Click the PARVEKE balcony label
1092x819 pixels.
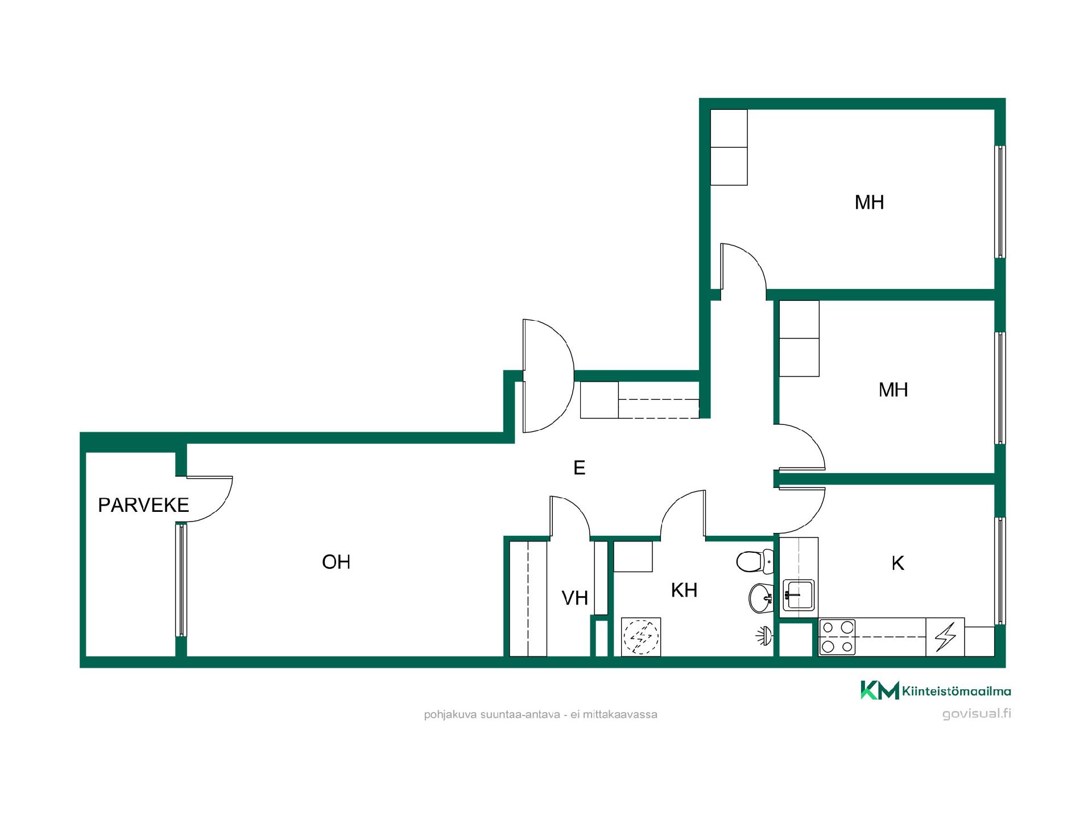[143, 505]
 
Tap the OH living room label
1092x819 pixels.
[336, 562]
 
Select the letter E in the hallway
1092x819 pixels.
[580, 468]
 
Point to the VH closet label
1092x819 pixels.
[574, 598]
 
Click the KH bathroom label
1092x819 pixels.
[684, 590]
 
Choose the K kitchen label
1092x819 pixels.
[897, 563]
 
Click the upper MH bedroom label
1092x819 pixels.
[869, 202]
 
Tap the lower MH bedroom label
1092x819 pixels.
[893, 390]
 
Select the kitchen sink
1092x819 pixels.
[799, 595]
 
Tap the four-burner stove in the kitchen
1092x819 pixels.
[837, 637]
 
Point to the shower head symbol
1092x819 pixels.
[764, 635]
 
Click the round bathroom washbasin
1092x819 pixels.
[761, 598]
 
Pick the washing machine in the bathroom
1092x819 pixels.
[641, 637]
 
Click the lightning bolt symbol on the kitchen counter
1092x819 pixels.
[945, 637]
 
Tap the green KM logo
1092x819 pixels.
[879, 690]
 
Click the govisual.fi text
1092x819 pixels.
[977, 714]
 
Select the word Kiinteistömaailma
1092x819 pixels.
[957, 692]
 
